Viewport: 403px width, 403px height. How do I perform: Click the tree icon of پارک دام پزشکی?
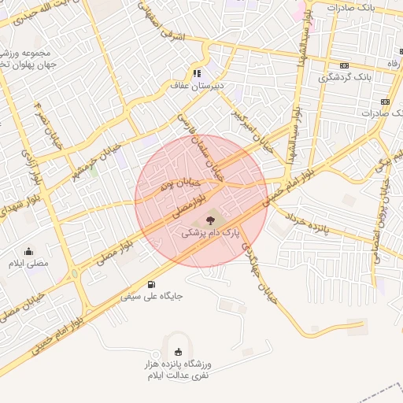click(x=209, y=220)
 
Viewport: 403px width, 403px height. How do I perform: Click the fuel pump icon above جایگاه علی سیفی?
click(x=150, y=284)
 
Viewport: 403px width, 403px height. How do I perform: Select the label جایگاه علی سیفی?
click(x=151, y=297)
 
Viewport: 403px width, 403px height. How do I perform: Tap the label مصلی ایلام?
click(x=28, y=263)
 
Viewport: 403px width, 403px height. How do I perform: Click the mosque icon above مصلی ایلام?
click(x=28, y=251)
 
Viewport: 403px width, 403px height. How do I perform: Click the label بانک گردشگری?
click(x=344, y=78)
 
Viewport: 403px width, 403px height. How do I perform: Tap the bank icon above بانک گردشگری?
click(x=344, y=66)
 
